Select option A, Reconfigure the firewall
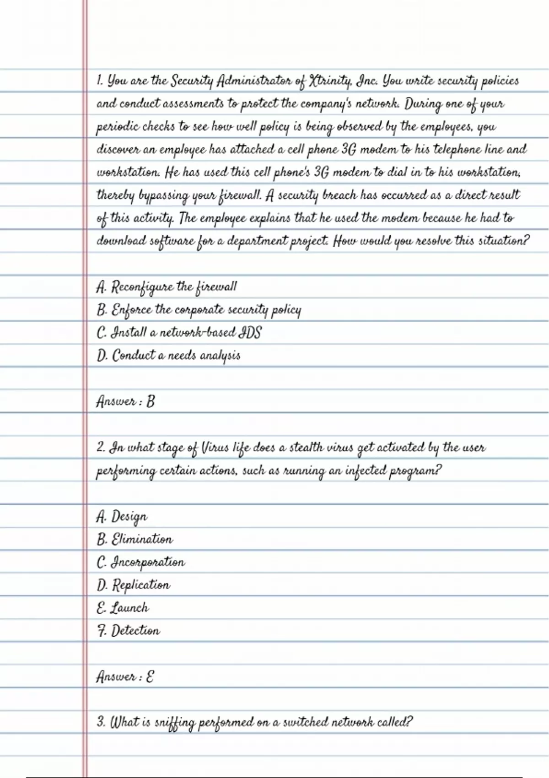[167, 287]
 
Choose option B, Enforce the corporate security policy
[199, 310]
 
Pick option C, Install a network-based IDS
[179, 333]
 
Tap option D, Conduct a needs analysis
[168, 356]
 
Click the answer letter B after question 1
[151, 401]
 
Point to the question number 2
[101, 447]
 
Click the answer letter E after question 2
[150, 676]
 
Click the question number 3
[101, 722]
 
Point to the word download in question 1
[121, 241]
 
